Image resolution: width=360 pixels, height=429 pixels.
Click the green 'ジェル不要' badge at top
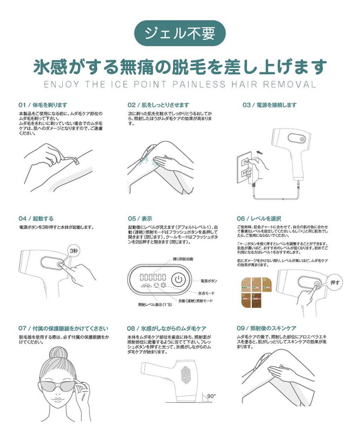(180, 33)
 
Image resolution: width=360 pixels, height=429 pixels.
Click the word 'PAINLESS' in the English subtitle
(199, 84)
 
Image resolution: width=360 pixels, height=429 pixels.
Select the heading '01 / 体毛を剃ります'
(43, 105)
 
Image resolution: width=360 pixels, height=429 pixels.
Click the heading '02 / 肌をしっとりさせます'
(158, 105)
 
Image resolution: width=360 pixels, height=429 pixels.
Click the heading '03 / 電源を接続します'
(270, 105)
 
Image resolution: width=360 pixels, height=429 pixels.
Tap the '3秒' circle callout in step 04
(73, 251)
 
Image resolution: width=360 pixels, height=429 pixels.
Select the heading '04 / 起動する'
(36, 219)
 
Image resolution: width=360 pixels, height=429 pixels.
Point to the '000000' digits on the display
(153, 277)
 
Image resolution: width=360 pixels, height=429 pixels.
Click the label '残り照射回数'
(183, 259)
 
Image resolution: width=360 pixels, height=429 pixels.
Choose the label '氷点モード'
(206, 293)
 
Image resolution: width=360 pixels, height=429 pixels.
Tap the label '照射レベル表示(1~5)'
(155, 305)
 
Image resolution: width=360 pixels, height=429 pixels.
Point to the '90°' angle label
(211, 396)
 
